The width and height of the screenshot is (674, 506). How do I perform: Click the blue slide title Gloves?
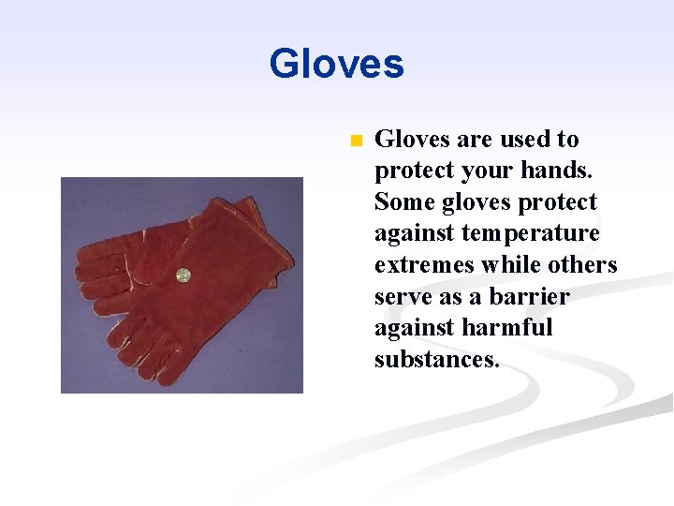(336, 65)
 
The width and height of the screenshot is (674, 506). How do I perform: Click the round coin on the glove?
(183, 275)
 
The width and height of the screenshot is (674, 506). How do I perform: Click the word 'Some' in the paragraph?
(405, 202)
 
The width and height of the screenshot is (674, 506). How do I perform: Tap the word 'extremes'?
(423, 265)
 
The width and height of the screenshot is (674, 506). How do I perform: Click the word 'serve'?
(402, 297)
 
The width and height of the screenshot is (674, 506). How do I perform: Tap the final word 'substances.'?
(436, 360)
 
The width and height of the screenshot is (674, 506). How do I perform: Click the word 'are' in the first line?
(475, 140)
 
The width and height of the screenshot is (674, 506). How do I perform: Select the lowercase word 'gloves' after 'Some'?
(479, 202)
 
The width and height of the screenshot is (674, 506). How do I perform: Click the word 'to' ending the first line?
(568, 140)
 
